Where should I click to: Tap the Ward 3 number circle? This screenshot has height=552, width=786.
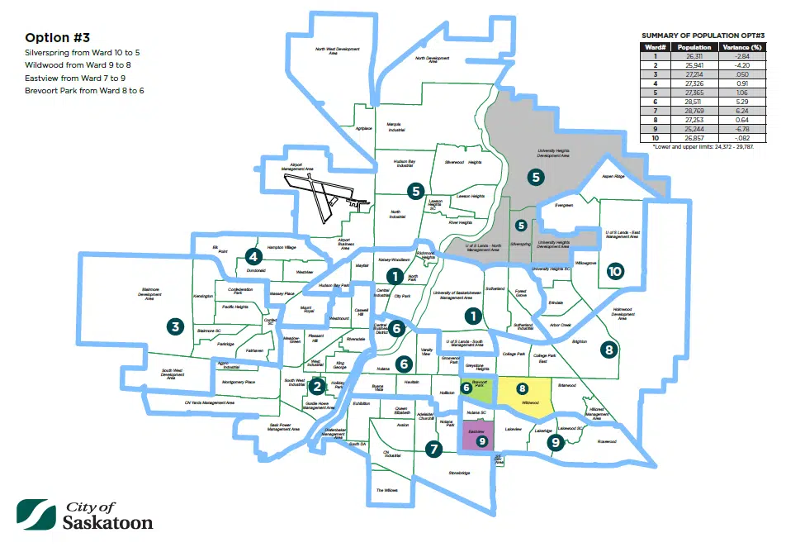pos(174,326)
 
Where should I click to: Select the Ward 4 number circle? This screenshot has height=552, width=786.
pos(253,255)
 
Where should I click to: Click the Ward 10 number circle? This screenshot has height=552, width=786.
pos(614,271)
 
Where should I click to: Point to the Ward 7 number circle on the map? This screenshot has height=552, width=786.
pos(432,449)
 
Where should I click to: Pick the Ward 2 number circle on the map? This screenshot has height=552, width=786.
pos(317,385)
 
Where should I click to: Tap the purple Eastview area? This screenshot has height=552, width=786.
pos(476,436)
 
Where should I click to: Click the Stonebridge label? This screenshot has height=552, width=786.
pos(459,473)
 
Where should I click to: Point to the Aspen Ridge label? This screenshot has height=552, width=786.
pos(613,176)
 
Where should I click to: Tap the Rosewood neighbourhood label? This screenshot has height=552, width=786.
pos(607,441)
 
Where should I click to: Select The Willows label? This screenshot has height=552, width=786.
pos(387,490)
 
